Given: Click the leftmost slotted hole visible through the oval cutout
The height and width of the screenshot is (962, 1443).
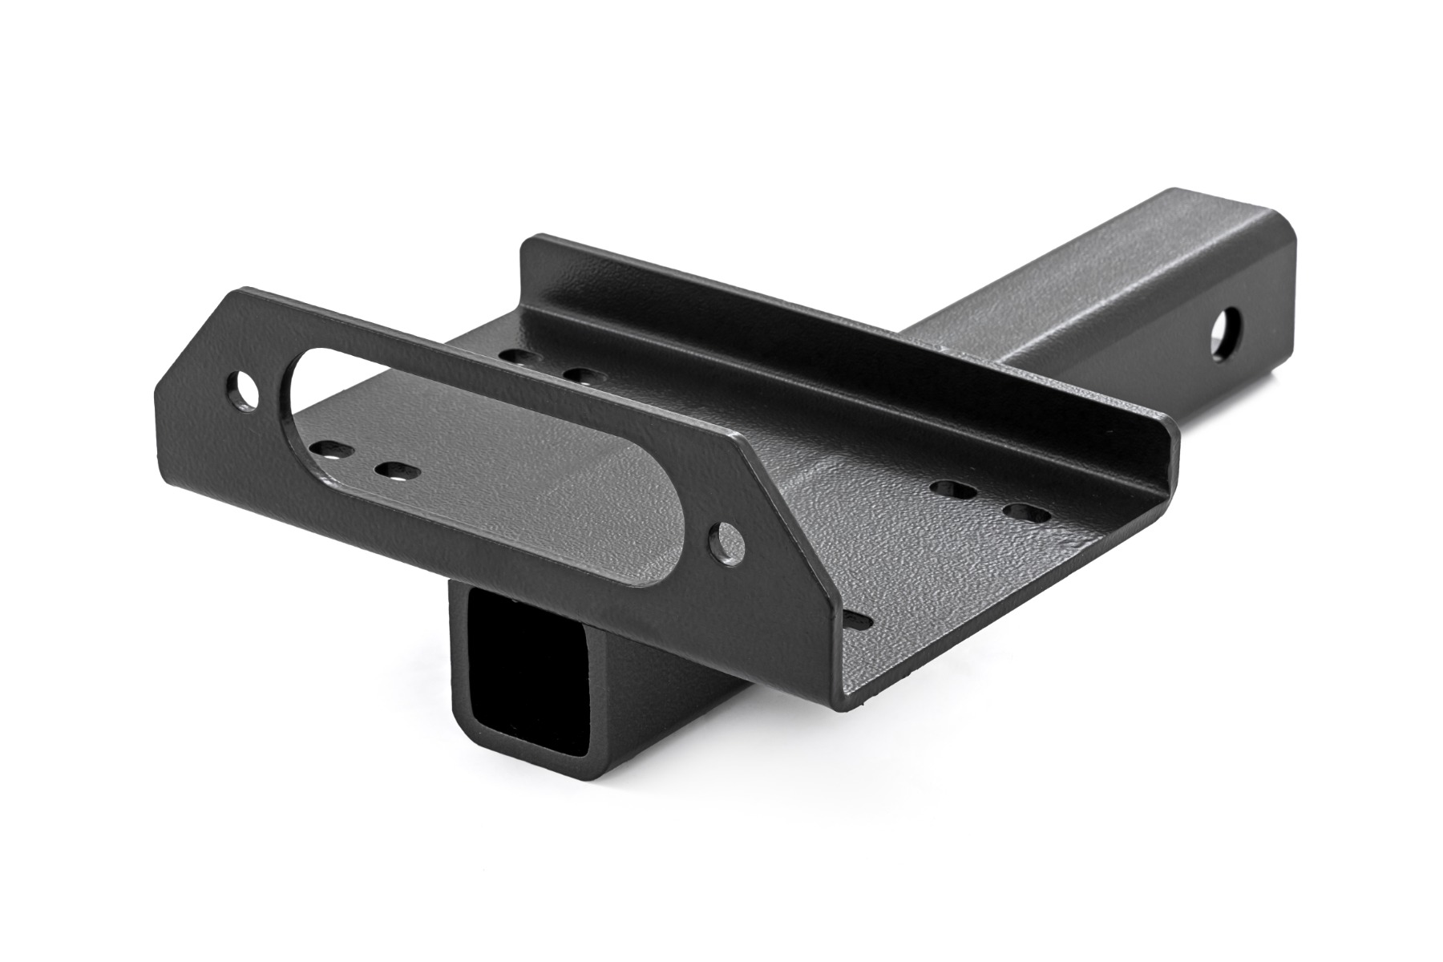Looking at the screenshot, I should (x=330, y=451).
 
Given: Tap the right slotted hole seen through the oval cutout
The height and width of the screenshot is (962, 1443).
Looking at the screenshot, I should (x=393, y=471).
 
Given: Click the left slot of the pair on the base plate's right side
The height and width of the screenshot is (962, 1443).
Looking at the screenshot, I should (x=952, y=488).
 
